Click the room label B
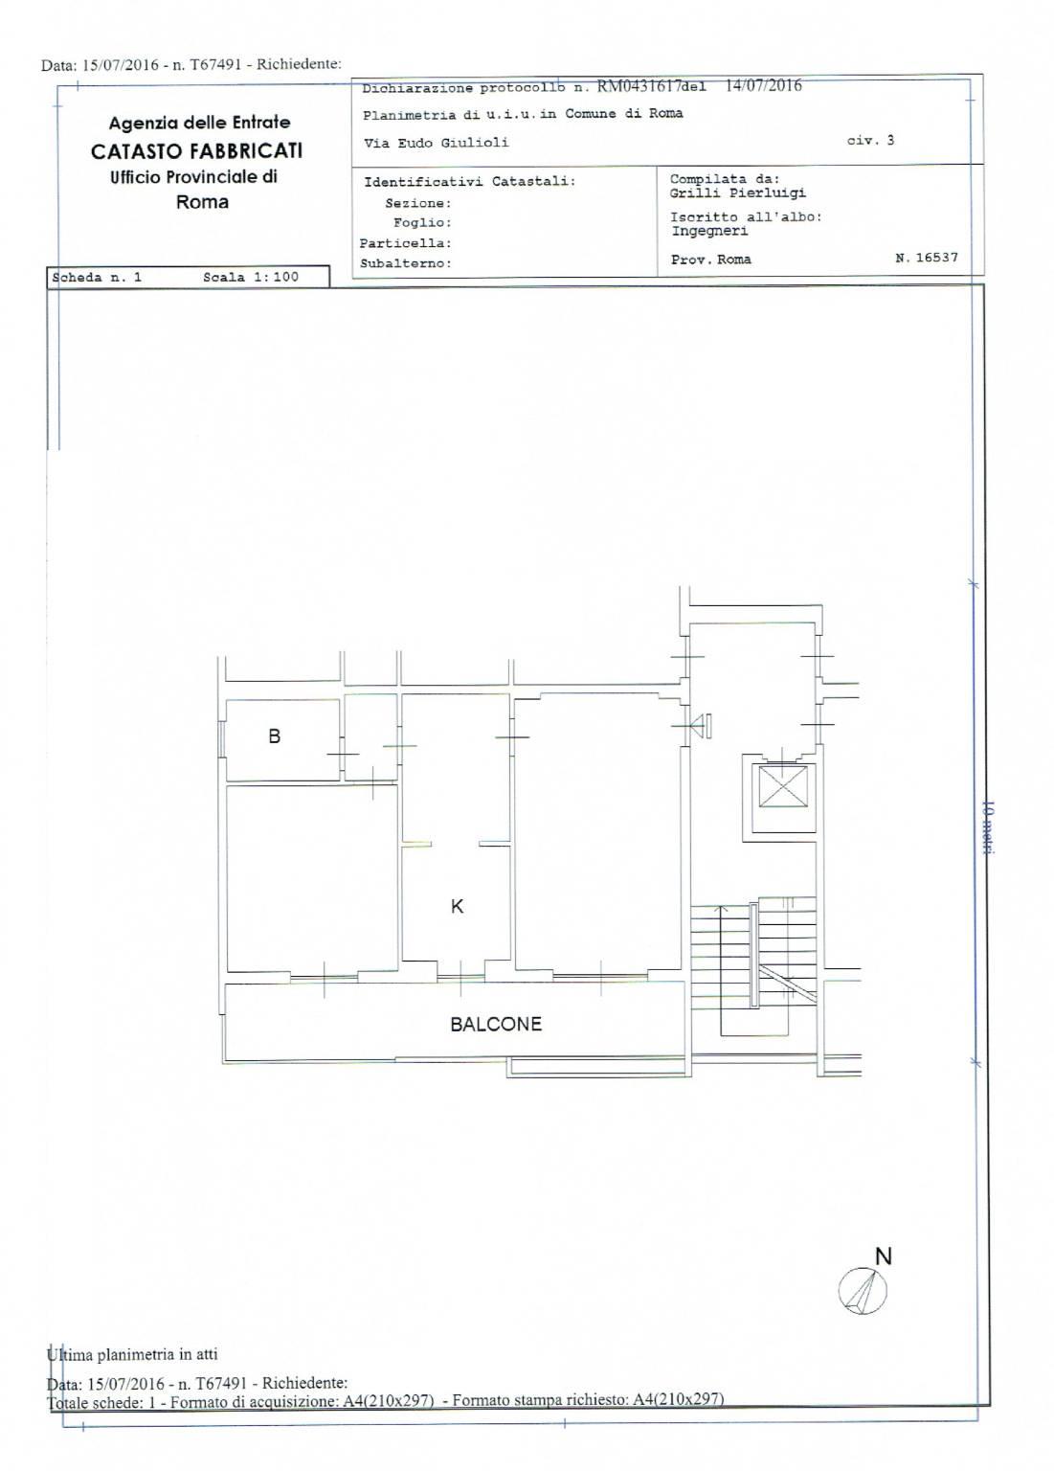[275, 736]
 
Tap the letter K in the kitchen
[457, 906]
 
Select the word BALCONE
[496, 1024]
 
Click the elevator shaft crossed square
[782, 786]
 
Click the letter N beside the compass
[884, 1256]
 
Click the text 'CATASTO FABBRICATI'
[197, 151]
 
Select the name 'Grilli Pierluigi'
[738, 193]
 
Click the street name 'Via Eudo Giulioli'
[436, 143]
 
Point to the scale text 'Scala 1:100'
[251, 277]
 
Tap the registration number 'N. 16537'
[926, 258]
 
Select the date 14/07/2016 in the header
[763, 85]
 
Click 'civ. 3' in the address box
[870, 140]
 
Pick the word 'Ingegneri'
[709, 231]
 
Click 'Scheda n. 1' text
[97, 277]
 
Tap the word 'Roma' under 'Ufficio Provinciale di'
[202, 202]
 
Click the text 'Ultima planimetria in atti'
[132, 1353]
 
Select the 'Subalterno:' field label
[406, 263]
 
